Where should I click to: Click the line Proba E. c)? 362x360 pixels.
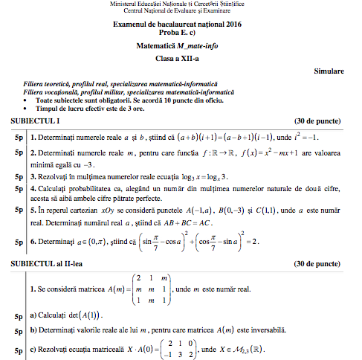(180, 34)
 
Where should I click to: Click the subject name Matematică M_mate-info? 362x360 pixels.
(180, 47)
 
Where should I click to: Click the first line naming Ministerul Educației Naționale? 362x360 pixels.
(180, 4)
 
